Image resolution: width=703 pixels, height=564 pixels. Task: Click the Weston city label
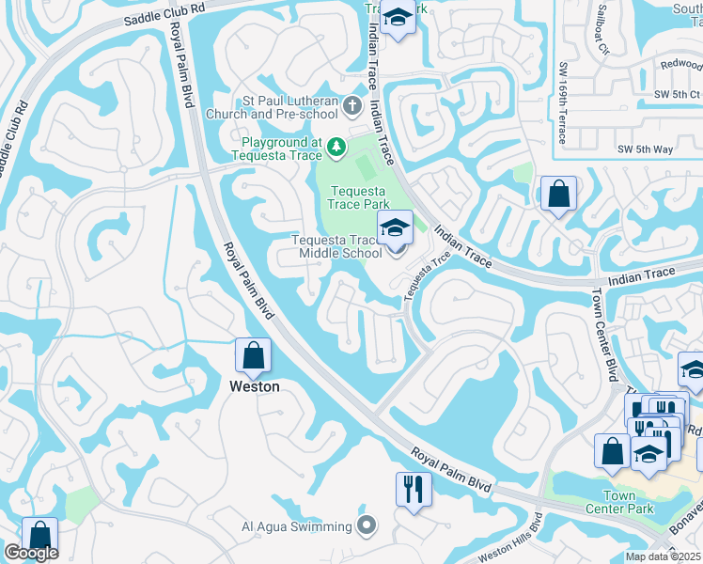coord(254,386)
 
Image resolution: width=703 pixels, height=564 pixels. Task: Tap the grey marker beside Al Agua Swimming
coord(367,525)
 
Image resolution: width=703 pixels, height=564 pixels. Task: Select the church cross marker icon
coord(352,104)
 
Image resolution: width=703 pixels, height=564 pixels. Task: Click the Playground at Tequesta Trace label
coord(278,149)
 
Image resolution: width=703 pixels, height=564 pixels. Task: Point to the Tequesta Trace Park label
coord(358,196)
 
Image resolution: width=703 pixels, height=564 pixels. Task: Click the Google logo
coord(31,553)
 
